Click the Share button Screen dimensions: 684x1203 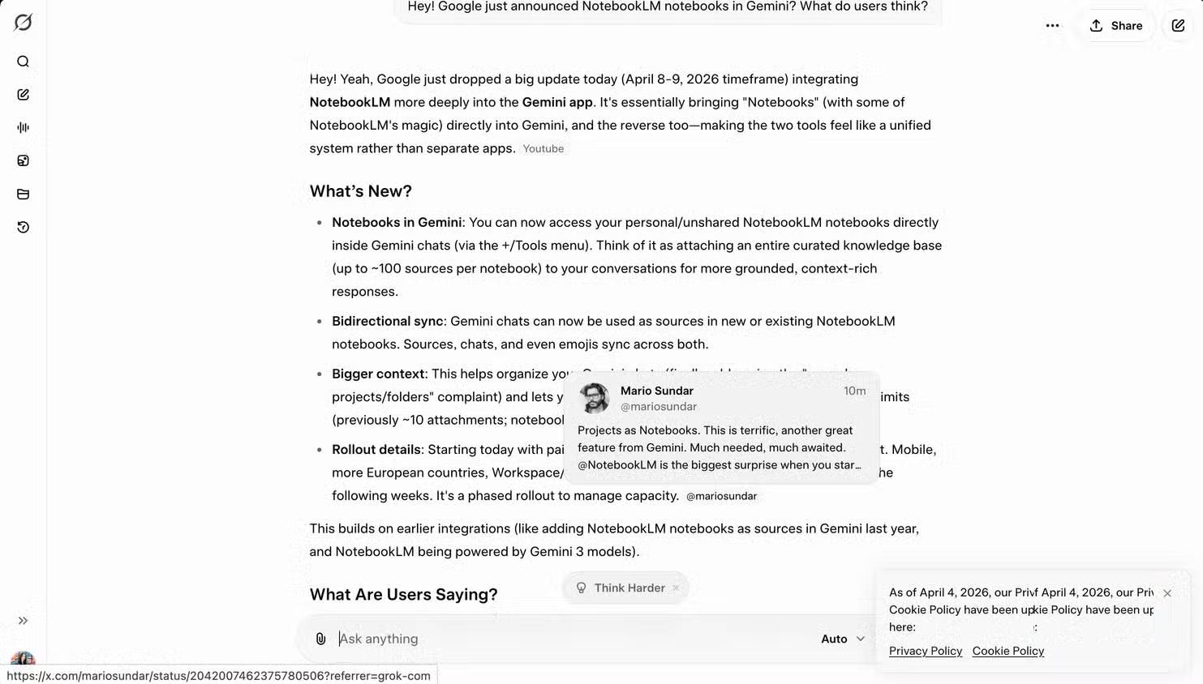click(x=1115, y=26)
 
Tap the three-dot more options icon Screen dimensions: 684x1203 click(x=1052, y=26)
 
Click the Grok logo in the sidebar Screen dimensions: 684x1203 click(x=23, y=23)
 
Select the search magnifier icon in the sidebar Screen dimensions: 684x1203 click(x=23, y=62)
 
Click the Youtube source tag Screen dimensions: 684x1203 click(x=543, y=149)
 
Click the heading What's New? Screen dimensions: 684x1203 click(x=360, y=191)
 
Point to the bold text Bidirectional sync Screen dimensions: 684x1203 click(x=387, y=321)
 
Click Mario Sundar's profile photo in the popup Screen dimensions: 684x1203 click(x=594, y=398)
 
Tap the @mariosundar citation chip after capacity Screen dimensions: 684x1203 click(x=721, y=496)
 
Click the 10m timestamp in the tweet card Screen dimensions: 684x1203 click(x=854, y=391)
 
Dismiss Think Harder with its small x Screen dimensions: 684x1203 click(x=676, y=588)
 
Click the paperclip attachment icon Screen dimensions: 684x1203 click(x=320, y=639)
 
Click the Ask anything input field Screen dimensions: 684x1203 click(x=568, y=639)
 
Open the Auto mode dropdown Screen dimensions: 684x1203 click(x=843, y=639)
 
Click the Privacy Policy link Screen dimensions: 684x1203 click(x=925, y=651)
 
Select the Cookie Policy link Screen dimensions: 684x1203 click(x=1008, y=651)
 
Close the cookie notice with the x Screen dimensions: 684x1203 click(x=1166, y=593)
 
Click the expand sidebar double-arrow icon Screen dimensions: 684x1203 click(x=23, y=621)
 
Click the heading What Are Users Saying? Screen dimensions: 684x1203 click(x=403, y=594)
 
